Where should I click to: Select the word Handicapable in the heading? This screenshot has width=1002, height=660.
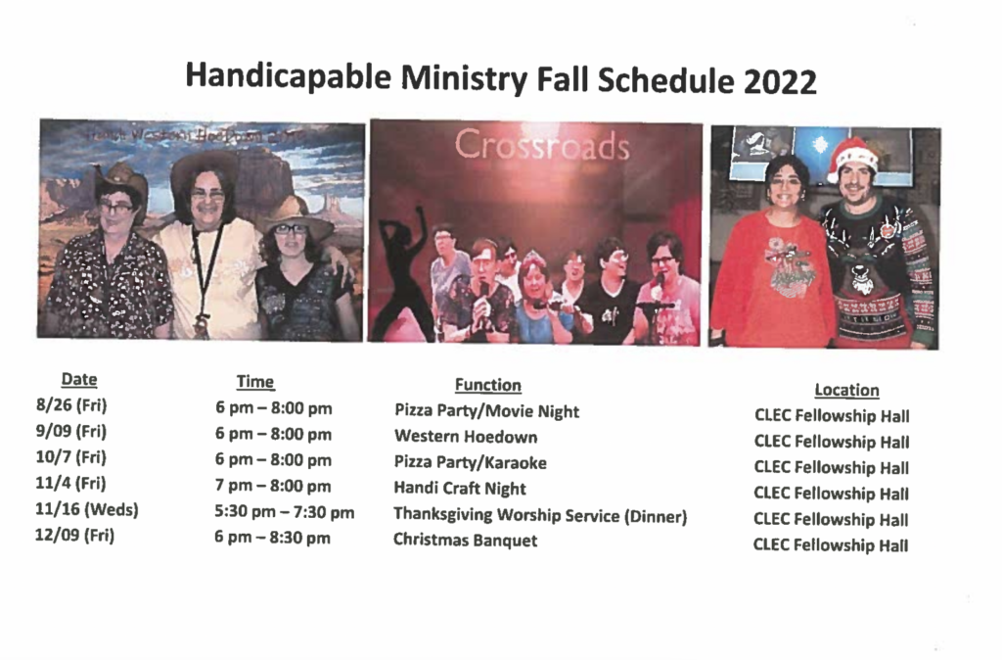(x=289, y=76)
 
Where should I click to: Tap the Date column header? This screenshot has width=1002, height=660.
(x=79, y=379)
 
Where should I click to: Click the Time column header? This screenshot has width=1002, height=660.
(x=255, y=382)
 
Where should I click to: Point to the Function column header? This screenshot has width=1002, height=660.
(x=488, y=385)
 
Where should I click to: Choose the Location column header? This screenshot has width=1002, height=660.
(x=846, y=390)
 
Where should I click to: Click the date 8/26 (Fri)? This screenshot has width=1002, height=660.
(x=71, y=405)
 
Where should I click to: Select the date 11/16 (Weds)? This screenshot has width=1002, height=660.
(x=87, y=510)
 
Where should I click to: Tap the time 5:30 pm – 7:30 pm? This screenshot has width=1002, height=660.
(x=285, y=512)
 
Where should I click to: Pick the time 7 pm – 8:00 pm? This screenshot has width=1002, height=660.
(x=273, y=486)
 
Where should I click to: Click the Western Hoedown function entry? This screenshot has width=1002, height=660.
(x=466, y=437)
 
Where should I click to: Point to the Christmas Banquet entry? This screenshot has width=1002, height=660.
(x=465, y=541)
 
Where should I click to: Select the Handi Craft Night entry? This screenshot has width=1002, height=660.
(x=460, y=489)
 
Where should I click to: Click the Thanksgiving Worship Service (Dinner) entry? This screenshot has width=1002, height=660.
(x=540, y=515)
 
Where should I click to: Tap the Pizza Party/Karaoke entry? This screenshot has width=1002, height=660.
(x=471, y=462)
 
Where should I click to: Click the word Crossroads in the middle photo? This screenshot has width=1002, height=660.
(x=542, y=145)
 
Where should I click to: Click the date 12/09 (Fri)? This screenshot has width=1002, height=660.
(x=74, y=536)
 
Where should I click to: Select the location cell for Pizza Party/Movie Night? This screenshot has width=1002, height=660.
(x=832, y=416)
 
